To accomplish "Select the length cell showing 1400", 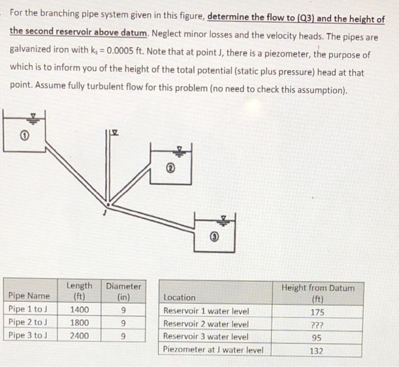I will pos(79,309).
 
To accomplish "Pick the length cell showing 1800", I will pos(79,323).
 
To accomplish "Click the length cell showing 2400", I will pos(79,336).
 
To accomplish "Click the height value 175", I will pos(317,311).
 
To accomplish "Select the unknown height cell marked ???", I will pos(317,324).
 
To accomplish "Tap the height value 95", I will pos(317,337).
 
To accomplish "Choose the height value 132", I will pos(317,350).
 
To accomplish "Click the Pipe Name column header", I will pos(29,296).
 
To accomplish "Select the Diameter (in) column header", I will pos(124,291).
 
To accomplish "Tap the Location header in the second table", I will pos(179,297).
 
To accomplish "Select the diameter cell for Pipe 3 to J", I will pos(124,336).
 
